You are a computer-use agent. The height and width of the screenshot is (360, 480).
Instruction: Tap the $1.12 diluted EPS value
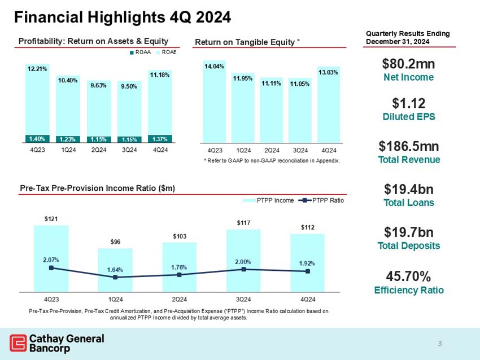click(408, 103)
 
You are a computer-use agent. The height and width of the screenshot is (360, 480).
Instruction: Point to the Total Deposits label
click(408, 245)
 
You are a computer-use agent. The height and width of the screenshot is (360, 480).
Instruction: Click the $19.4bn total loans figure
click(408, 188)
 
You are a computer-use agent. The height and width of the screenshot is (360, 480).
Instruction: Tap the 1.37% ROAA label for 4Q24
click(159, 138)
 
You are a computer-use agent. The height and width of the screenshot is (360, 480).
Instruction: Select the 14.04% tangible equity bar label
click(213, 67)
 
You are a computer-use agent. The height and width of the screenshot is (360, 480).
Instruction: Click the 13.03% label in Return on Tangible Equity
click(329, 72)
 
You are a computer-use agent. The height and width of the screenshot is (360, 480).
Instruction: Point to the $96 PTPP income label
click(115, 242)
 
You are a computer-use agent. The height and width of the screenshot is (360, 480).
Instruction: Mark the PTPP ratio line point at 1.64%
click(115, 277)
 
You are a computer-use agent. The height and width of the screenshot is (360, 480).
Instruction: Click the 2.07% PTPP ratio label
click(51, 260)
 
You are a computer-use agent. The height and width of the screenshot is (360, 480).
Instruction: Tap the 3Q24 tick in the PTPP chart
click(243, 298)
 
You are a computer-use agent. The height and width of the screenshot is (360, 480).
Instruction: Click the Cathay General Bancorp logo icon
click(18, 343)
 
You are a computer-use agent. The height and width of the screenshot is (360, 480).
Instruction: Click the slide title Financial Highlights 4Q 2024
click(122, 17)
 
